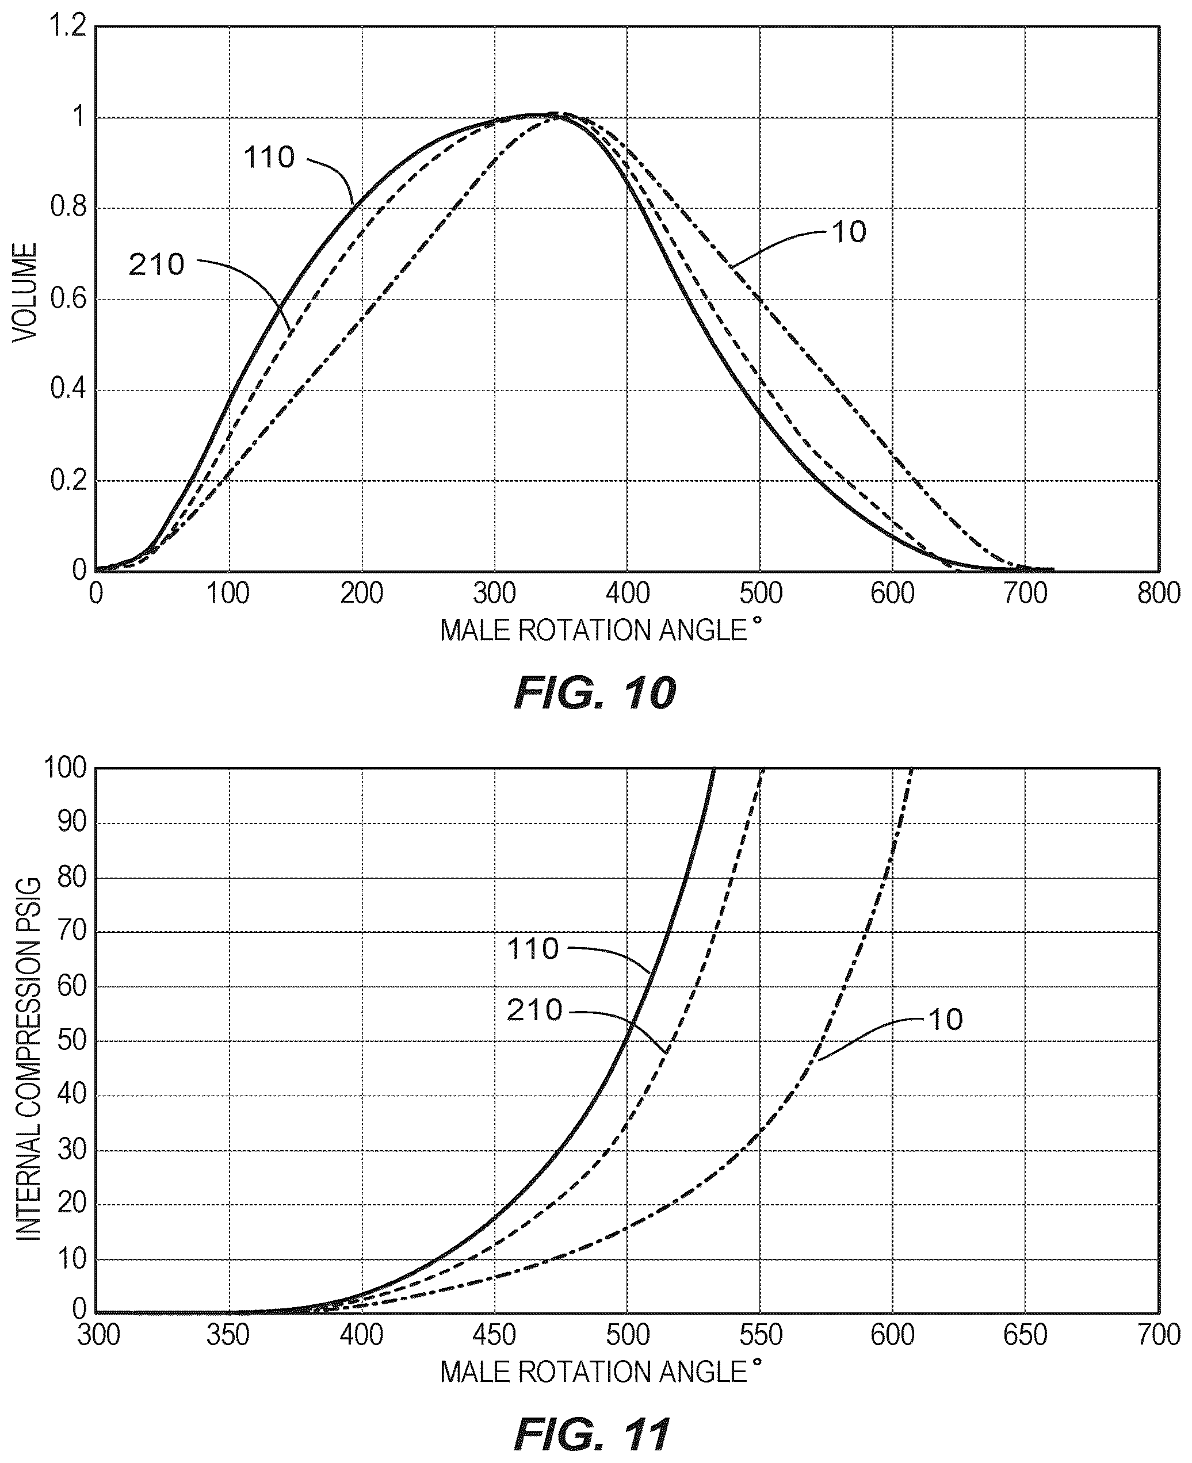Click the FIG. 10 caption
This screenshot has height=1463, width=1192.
(595, 693)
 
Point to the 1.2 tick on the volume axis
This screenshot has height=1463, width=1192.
(67, 27)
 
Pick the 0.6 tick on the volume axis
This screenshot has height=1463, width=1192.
(68, 299)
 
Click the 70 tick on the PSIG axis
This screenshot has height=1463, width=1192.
(71, 931)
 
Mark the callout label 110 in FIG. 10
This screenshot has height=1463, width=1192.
(269, 158)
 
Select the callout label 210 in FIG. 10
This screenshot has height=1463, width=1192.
(156, 265)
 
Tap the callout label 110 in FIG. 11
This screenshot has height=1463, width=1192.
(533, 949)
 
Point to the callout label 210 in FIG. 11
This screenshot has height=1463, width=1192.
(534, 1010)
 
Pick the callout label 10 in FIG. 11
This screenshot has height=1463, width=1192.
(946, 1020)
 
